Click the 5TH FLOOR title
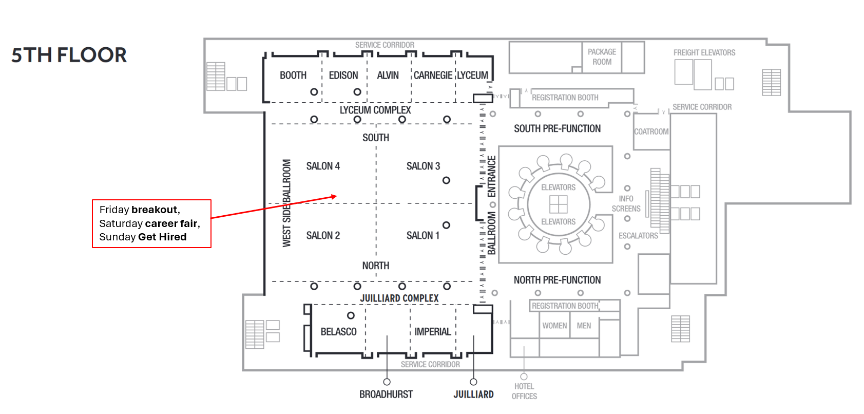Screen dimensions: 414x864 point(69,55)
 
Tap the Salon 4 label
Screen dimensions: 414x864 point(323,166)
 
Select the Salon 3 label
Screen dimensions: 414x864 point(423,166)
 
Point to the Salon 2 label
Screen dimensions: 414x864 point(323,235)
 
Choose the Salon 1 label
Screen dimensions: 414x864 point(423,235)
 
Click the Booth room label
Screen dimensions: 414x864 point(293,76)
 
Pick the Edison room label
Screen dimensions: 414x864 point(343,76)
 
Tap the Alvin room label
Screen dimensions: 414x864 point(388,76)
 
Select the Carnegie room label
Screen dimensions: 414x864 point(433,76)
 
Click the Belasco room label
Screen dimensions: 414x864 point(338,332)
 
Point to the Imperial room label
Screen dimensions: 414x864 point(433,332)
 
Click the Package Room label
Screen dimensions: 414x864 point(602,57)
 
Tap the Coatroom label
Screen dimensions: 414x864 point(651,131)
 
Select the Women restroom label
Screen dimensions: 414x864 point(554,326)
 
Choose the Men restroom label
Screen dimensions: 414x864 point(584,326)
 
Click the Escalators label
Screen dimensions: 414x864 point(638,236)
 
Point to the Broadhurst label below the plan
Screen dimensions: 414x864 point(386,394)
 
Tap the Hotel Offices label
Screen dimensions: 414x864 point(524,391)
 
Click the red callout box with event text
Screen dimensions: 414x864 point(151,223)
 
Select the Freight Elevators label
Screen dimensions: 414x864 point(704,52)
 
